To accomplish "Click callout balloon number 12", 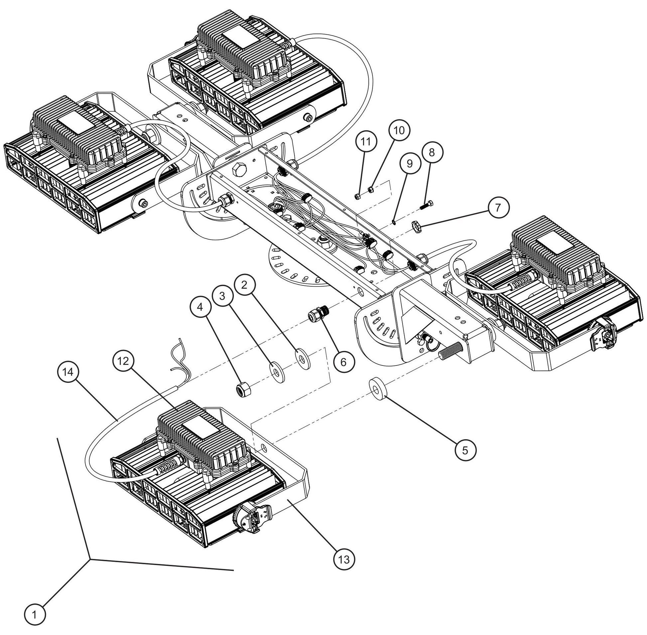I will (123, 361).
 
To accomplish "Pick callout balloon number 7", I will (498, 207).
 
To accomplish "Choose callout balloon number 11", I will (366, 142).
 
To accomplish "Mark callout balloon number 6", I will (344, 362).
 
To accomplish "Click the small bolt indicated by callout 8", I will (426, 204).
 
